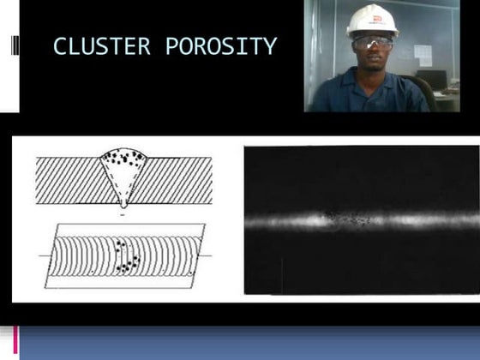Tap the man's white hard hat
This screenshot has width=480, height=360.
point(372,20)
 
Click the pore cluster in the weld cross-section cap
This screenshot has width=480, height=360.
point(126,159)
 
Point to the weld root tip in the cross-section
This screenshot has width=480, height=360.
point(125,202)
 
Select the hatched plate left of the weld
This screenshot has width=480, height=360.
point(69,179)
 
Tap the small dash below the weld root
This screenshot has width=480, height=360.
point(125,215)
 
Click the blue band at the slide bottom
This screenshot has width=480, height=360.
point(249,343)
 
